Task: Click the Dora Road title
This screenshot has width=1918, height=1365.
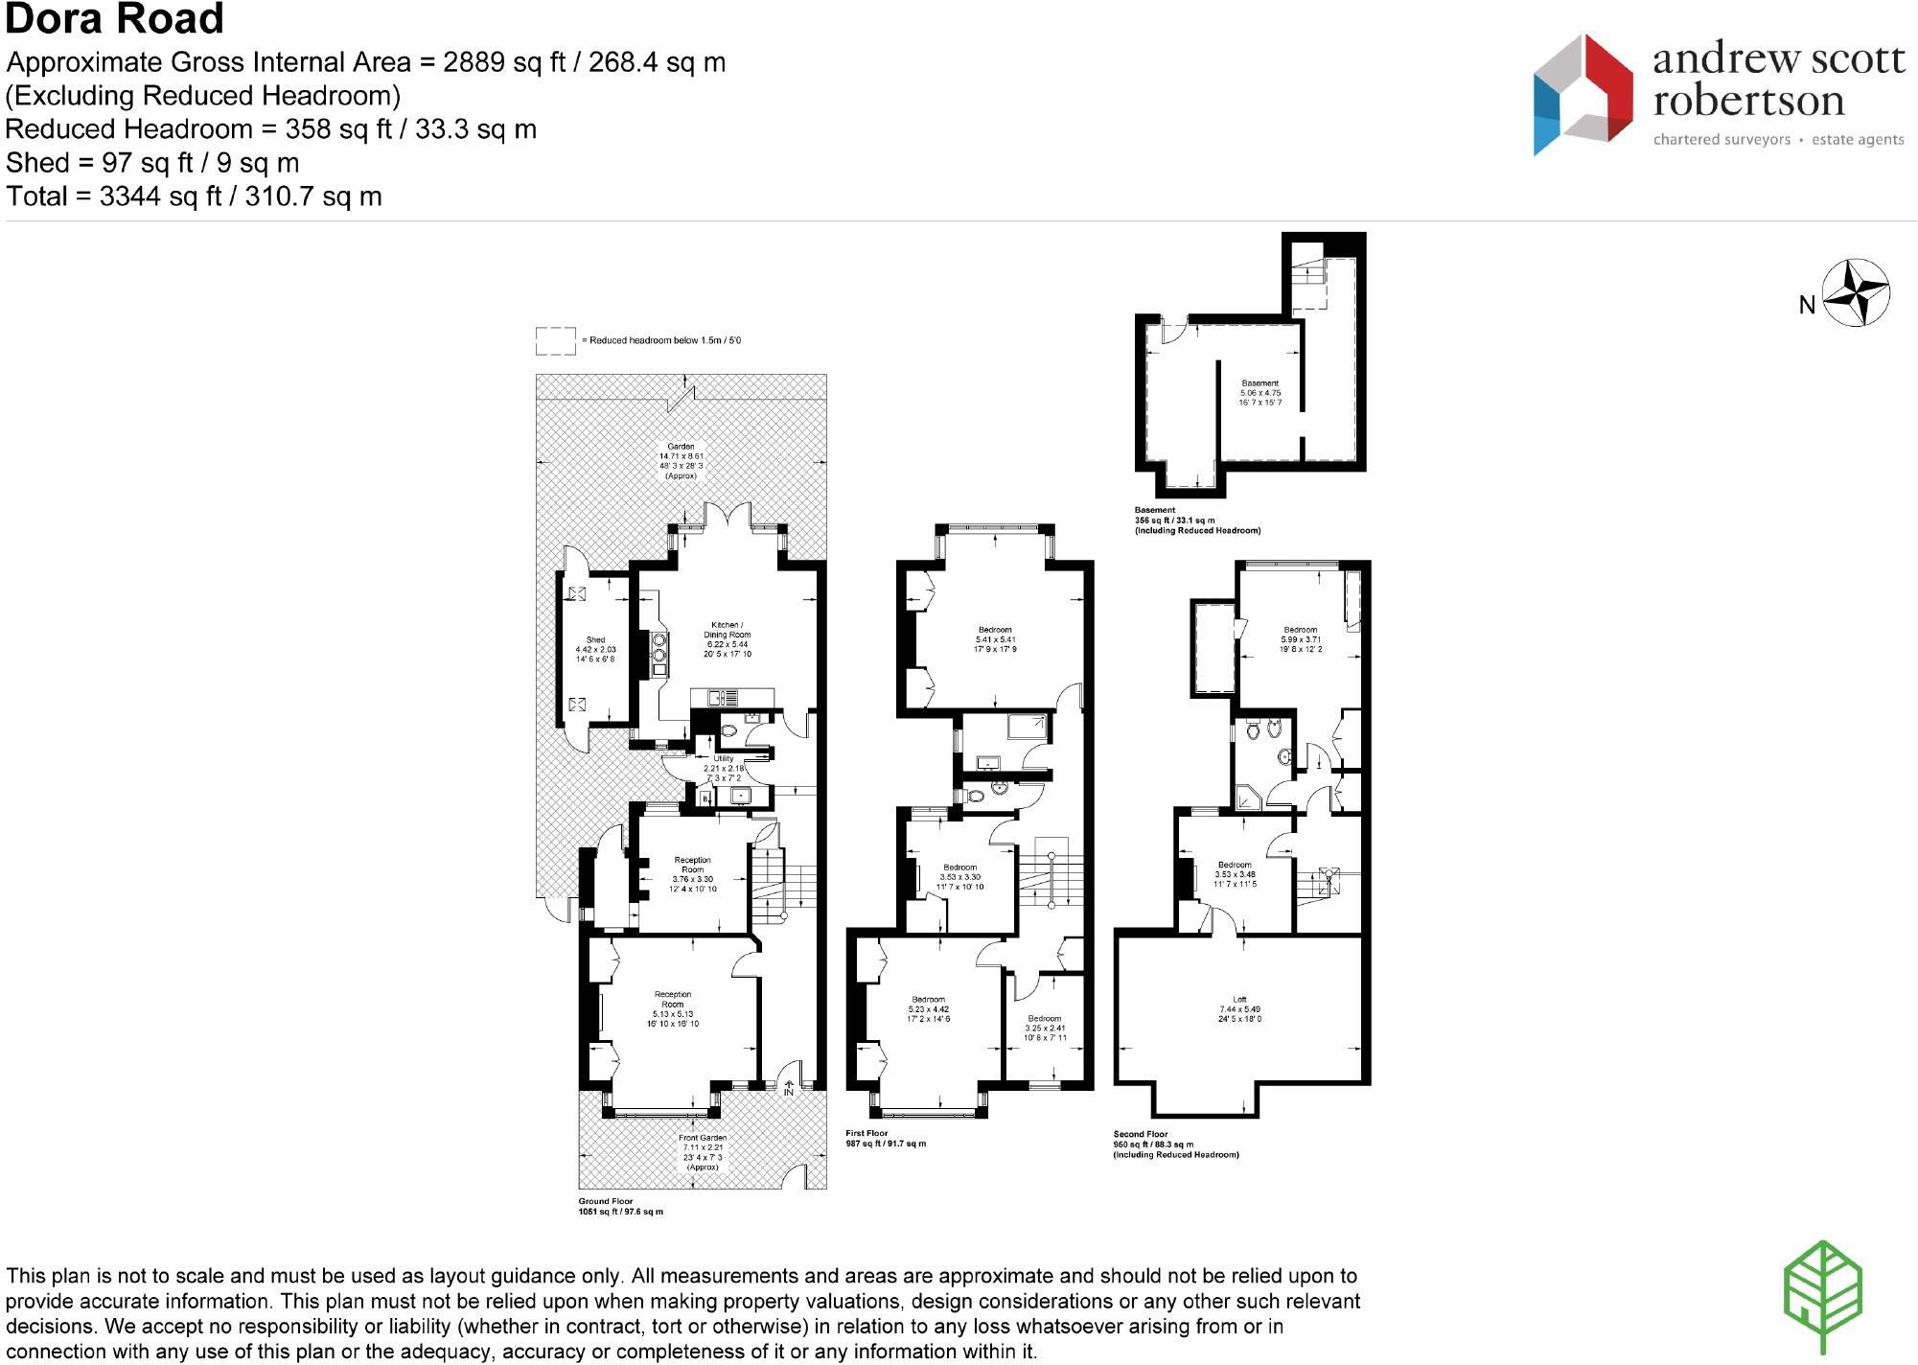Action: pyautogui.click(x=115, y=19)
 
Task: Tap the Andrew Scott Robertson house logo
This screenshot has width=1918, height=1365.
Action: pyautogui.click(x=1582, y=94)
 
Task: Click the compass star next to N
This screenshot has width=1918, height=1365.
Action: pyautogui.click(x=1856, y=292)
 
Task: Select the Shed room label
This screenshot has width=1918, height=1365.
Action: pyautogui.click(x=595, y=649)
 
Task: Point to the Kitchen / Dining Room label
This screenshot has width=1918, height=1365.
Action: pyautogui.click(x=727, y=639)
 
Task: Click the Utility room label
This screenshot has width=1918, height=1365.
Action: pyautogui.click(x=723, y=768)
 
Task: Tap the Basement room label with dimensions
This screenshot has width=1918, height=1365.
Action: pyautogui.click(x=1259, y=393)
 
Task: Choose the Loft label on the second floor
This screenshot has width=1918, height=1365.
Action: pyautogui.click(x=1239, y=1008)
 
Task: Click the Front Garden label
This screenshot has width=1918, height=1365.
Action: pyautogui.click(x=703, y=1152)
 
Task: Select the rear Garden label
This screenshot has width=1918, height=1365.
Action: pyautogui.click(x=681, y=461)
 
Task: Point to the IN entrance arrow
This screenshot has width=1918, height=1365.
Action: pyautogui.click(x=789, y=1088)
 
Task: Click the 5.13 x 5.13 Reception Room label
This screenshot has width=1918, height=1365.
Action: pyautogui.click(x=672, y=1008)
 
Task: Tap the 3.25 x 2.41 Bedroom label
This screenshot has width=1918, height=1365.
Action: pyautogui.click(x=1044, y=1028)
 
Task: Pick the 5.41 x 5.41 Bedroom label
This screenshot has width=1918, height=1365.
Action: pyautogui.click(x=995, y=639)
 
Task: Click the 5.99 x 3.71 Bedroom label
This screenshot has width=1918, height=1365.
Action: pyautogui.click(x=1300, y=639)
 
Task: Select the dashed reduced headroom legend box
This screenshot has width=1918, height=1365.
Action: pyautogui.click(x=555, y=340)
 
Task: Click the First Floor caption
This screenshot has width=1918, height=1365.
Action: pyautogui.click(x=867, y=1133)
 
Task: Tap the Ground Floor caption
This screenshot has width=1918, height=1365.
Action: pyautogui.click(x=606, y=1201)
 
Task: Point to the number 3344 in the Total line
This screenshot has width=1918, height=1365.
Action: pyautogui.click(x=130, y=197)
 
